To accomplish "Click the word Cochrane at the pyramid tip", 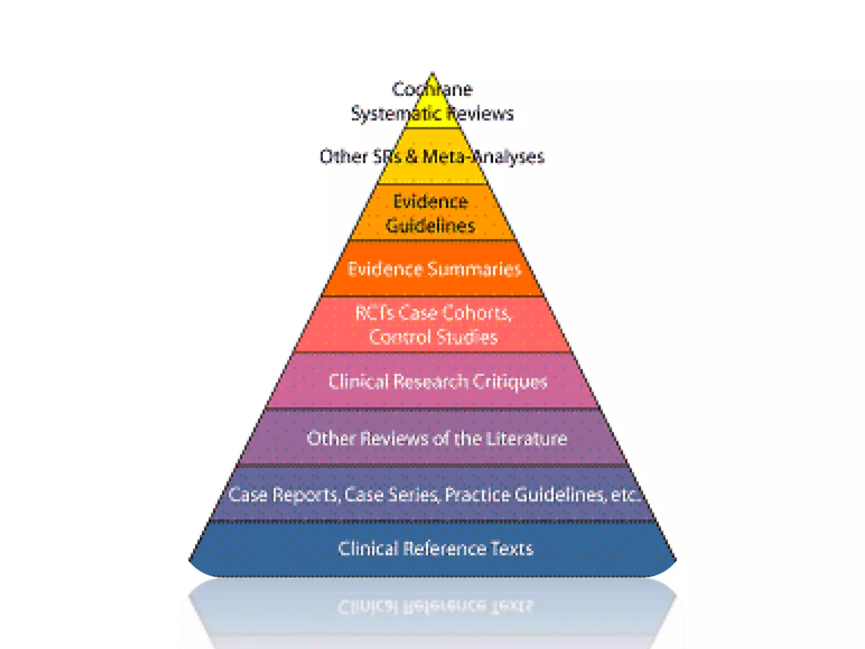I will click(x=432, y=89).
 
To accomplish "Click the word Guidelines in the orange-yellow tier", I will click(x=430, y=226).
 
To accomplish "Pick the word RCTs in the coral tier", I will click(x=374, y=313).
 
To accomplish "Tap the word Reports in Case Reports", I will click(x=305, y=495).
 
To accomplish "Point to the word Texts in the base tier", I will click(x=511, y=549).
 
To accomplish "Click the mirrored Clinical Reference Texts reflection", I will click(x=435, y=607).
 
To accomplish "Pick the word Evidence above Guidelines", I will click(x=430, y=202).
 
